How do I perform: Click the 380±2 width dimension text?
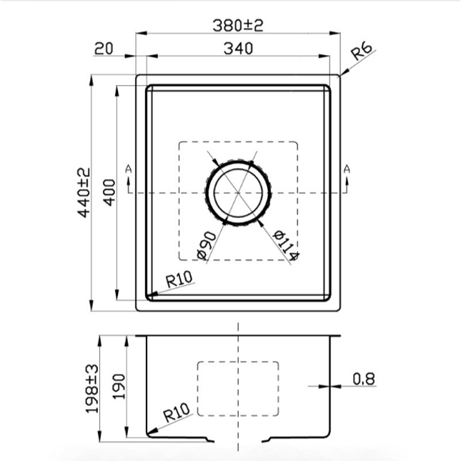point(237,25)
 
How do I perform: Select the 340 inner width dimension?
point(238,49)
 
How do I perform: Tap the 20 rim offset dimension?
point(104,49)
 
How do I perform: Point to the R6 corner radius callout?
point(362,51)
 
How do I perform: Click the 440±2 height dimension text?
point(84,192)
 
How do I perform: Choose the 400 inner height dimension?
point(109,192)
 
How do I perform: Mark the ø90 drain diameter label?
point(207,245)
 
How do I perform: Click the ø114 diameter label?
point(286,245)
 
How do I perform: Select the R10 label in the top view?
point(179,279)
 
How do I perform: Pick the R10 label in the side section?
point(177,412)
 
